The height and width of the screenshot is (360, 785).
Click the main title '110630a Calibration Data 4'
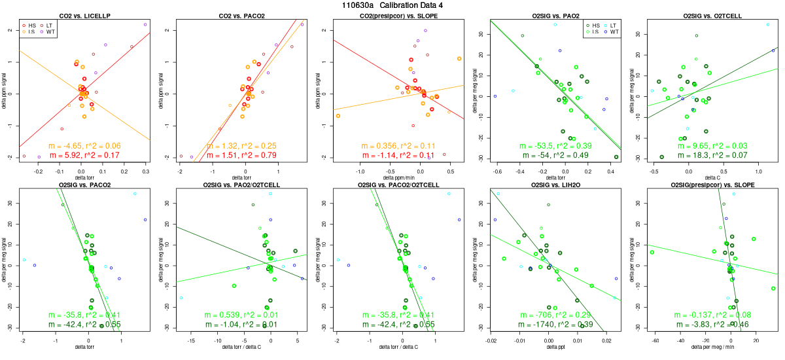click(392, 5)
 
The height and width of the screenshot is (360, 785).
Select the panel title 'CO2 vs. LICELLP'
click(84, 15)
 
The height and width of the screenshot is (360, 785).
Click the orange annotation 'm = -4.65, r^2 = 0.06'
click(84, 145)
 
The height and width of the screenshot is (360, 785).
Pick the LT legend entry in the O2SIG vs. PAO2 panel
click(599, 24)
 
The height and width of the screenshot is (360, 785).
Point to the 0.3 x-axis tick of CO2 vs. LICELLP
click(145, 170)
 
